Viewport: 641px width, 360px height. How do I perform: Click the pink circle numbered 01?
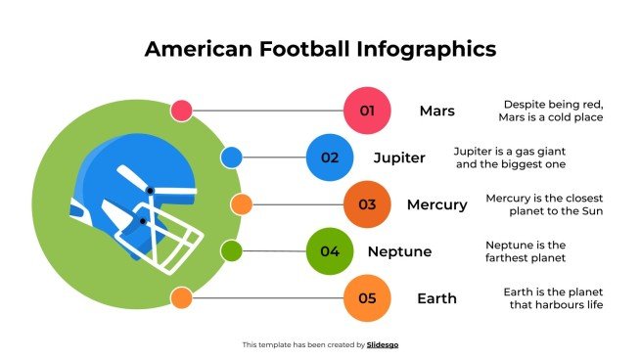pos(368,111)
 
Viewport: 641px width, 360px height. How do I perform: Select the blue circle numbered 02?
pos(330,157)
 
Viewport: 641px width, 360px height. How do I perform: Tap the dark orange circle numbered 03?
pos(368,204)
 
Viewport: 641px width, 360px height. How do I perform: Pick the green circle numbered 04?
pos(330,251)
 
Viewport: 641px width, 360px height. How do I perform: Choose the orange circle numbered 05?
pos(368,298)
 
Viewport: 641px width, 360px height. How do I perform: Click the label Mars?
pos(436,111)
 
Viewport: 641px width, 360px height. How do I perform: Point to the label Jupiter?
pos(399,157)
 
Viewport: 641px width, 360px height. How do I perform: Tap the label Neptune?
pos(399,251)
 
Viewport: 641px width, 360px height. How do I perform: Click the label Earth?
pos(436,298)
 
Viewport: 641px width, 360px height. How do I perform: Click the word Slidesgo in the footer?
pos(383,344)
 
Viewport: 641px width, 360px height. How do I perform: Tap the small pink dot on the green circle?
pos(181,111)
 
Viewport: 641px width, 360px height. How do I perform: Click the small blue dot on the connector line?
pos(231,157)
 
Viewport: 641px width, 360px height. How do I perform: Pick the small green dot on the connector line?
pos(231,251)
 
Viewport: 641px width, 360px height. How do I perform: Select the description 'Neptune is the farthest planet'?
pos(526,251)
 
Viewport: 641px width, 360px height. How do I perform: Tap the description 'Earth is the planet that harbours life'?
pos(553,298)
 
